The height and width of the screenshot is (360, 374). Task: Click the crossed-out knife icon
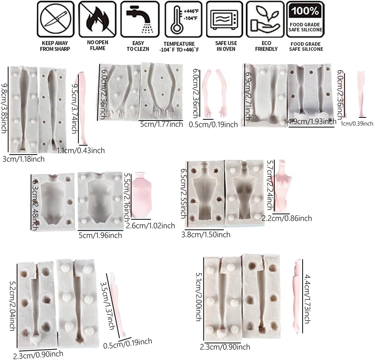click(55, 19)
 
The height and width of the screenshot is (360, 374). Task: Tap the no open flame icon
click(97, 19)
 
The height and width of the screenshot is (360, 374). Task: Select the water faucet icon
click(140, 19)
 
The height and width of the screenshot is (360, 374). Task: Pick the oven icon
click(225, 19)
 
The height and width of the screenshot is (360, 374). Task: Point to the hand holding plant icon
click(265, 19)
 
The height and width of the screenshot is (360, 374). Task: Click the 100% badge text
click(305, 11)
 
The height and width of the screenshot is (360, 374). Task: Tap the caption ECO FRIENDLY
click(266, 46)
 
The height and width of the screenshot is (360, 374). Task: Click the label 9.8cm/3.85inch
click(4, 108)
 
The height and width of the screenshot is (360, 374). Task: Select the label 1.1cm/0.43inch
click(81, 150)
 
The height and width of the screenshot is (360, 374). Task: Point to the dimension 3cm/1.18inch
click(23, 159)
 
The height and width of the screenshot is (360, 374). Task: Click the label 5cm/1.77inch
click(161, 124)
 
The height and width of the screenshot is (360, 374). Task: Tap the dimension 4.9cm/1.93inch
click(312, 122)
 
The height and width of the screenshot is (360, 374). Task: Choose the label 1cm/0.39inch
click(357, 123)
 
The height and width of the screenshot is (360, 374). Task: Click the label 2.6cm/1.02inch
click(151, 226)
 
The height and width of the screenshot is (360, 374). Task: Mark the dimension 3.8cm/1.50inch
click(206, 235)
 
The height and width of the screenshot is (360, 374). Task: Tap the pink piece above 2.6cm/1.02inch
click(142, 195)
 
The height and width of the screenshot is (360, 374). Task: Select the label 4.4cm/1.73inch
click(307, 299)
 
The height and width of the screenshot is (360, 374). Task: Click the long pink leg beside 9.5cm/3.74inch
click(82, 109)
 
